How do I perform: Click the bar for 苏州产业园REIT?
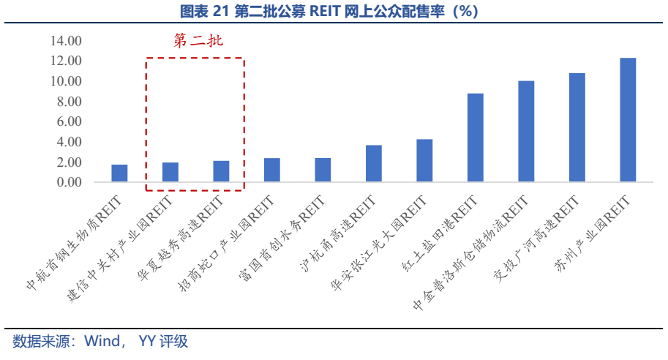pyautogui.click(x=628, y=120)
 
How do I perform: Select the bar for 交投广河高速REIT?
pyautogui.click(x=577, y=127)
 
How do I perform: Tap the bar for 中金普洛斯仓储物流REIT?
pyautogui.click(x=526, y=132)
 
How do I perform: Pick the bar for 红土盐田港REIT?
pyautogui.click(x=476, y=138)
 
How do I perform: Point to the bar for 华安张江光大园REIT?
pyautogui.click(x=424, y=160)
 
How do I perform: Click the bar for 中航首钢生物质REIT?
pyautogui.click(x=119, y=173)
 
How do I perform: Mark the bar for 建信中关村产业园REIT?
pyautogui.click(x=170, y=172)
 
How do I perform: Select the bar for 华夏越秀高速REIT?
pyautogui.click(x=221, y=171)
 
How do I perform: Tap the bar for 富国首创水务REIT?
pyautogui.click(x=323, y=170)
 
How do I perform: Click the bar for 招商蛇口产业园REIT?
pyautogui.click(x=271, y=170)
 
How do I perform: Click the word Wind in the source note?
pyautogui.click(x=100, y=342)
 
